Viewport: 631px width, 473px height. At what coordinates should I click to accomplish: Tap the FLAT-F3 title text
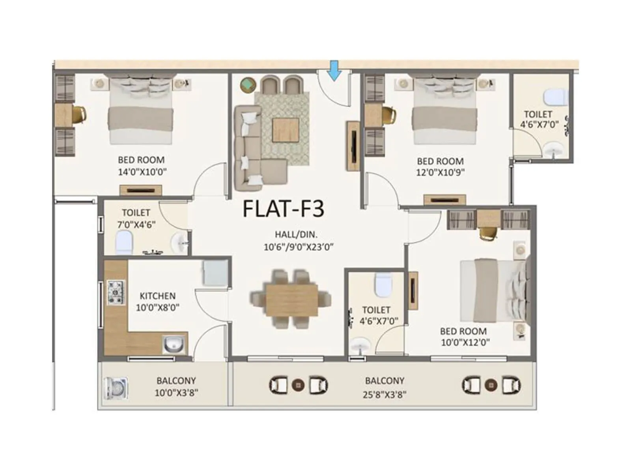(283, 209)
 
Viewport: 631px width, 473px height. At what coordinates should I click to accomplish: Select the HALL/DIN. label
(296, 235)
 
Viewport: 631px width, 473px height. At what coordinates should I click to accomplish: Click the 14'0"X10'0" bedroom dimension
(142, 172)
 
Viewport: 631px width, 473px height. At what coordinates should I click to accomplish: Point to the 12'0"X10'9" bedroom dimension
(441, 172)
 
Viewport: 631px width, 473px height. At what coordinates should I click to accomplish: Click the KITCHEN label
(157, 296)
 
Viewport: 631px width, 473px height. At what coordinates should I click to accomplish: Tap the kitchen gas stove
(116, 292)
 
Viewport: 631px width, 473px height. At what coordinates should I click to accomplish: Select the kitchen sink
(173, 345)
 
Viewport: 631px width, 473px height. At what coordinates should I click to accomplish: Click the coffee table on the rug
(286, 130)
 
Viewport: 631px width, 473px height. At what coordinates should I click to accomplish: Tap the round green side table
(248, 85)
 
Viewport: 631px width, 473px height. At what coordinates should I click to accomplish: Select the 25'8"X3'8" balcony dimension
(385, 394)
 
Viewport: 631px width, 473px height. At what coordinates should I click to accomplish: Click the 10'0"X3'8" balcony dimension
(176, 393)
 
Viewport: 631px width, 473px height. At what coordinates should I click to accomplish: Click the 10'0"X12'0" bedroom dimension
(465, 342)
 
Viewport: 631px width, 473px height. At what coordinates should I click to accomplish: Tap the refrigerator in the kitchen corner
(215, 273)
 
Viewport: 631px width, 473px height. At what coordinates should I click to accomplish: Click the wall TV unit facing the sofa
(353, 146)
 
